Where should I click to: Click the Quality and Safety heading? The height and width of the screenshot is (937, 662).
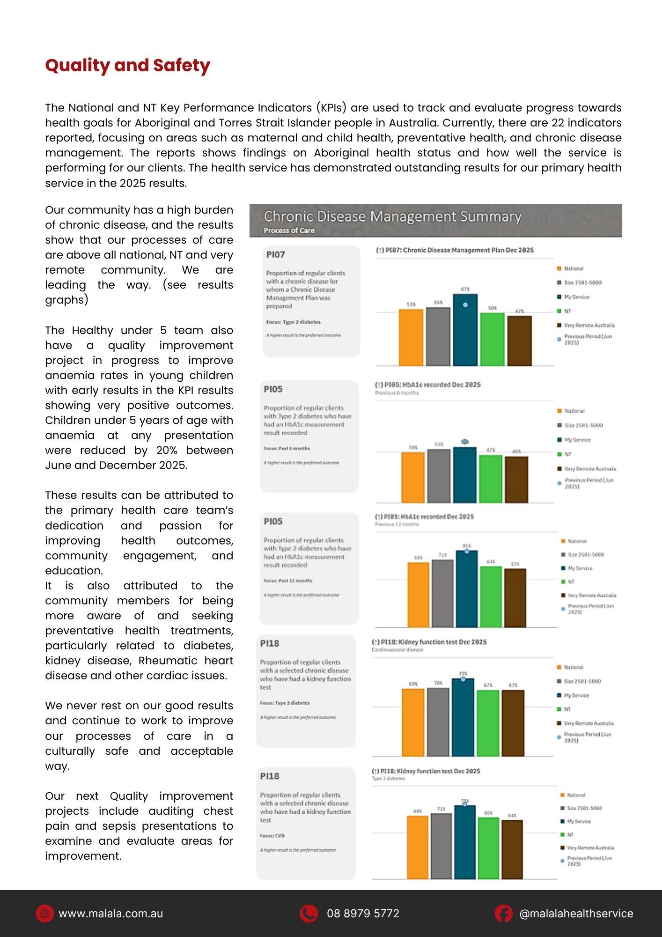[x=127, y=66]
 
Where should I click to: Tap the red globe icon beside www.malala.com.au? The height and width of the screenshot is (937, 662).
[x=45, y=914]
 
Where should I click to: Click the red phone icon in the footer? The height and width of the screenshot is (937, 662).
[x=309, y=914]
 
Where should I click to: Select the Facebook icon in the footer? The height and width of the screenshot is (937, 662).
[x=504, y=914]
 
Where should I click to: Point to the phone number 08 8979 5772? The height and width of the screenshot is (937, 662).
[x=363, y=914]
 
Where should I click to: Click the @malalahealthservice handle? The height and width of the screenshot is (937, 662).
[x=576, y=914]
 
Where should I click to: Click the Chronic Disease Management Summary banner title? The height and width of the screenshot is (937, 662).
[x=392, y=216]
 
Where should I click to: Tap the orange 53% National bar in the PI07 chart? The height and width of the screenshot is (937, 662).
[x=411, y=337]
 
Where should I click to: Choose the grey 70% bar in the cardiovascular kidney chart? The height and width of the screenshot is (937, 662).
[x=438, y=721]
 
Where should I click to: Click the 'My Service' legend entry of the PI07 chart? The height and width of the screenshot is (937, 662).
[x=576, y=297]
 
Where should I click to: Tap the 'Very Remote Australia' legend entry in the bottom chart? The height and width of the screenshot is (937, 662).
[x=590, y=848]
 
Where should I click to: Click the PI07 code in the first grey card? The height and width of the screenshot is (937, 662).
[x=275, y=255]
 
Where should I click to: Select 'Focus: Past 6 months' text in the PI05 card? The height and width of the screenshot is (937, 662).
[x=287, y=448]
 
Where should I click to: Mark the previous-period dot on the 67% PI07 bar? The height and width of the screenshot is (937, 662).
[x=465, y=305]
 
